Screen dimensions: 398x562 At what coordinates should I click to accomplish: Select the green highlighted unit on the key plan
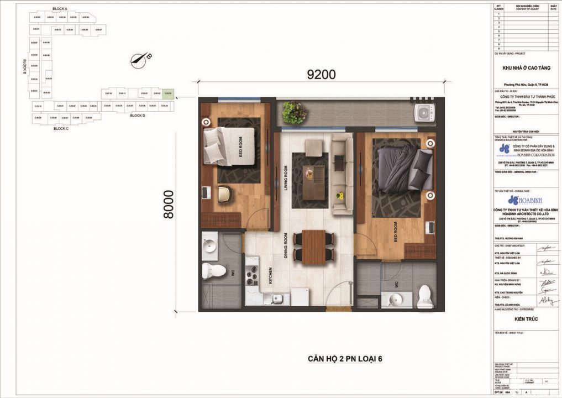pyautogui.click(x=169, y=93)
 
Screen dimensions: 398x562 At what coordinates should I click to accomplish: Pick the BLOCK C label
pyautogui.click(x=61, y=128)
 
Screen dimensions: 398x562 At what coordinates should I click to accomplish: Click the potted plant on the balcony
pyautogui.click(x=294, y=112)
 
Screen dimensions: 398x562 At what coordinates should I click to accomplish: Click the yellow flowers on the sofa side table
pyautogui.click(x=341, y=195)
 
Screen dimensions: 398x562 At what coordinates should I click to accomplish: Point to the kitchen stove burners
pyautogui.click(x=253, y=273)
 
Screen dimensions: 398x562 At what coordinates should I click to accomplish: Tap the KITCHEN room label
pyautogui.click(x=270, y=275)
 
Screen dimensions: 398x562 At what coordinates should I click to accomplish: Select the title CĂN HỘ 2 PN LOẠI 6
pyautogui.click(x=345, y=359)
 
